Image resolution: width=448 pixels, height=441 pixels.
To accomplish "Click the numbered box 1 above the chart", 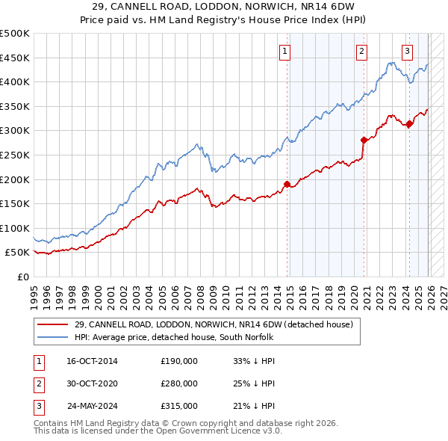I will (286, 52).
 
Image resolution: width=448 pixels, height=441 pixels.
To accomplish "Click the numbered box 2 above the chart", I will (361, 52).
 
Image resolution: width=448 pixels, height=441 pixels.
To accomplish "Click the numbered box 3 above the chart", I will (407, 52).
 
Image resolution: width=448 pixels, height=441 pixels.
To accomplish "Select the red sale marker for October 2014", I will (287, 184).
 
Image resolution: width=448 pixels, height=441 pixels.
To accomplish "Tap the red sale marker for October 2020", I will (364, 140).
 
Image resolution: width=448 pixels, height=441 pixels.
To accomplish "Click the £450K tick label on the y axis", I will (15, 58).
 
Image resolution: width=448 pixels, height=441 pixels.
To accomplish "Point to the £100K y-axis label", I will (15, 228).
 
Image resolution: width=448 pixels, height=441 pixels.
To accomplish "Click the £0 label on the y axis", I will (24, 277).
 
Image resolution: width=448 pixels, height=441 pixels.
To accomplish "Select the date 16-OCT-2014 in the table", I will (92, 361).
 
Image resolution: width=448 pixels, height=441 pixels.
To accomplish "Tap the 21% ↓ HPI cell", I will (254, 406).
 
